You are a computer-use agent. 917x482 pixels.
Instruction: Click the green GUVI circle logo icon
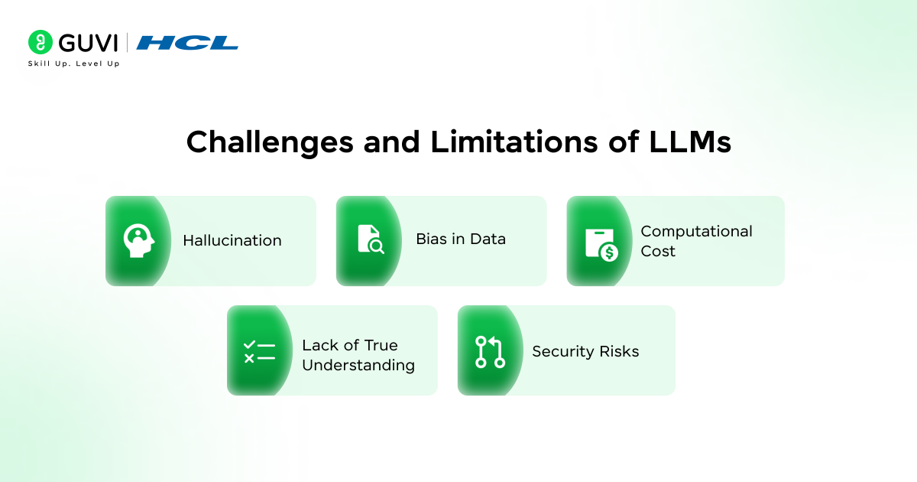tap(40, 42)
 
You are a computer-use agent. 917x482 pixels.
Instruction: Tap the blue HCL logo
tap(187, 43)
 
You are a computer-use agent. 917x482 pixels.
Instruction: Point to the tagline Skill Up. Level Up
tap(73, 64)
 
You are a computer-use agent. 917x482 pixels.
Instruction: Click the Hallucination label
tap(232, 240)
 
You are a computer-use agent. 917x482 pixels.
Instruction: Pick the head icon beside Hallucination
tap(139, 240)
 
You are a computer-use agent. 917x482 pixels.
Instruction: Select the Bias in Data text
tap(460, 239)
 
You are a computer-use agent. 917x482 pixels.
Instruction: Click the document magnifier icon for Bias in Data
tap(371, 239)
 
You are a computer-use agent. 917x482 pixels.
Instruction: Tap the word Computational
tap(696, 231)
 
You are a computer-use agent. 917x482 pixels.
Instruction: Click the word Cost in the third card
tap(657, 251)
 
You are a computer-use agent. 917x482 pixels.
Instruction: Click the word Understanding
tap(358, 365)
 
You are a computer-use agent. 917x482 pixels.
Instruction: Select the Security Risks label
tap(585, 351)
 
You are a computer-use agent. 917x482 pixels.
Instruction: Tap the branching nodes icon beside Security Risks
tap(490, 351)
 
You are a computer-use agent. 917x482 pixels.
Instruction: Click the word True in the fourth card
tap(381, 345)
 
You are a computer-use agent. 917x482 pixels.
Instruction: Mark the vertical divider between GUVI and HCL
tap(126, 43)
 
